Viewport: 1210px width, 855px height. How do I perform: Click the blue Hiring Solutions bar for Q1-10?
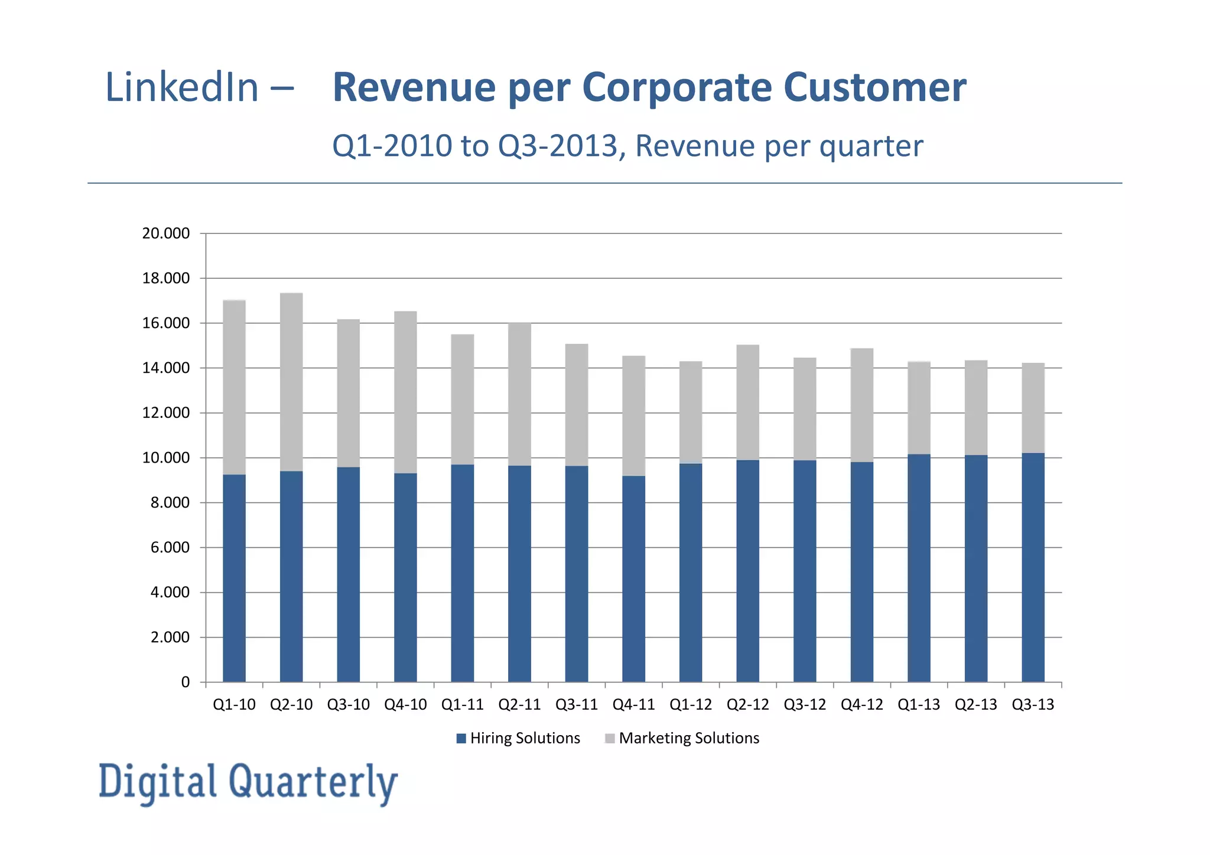click(234, 578)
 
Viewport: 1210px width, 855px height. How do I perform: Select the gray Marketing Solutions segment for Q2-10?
click(291, 382)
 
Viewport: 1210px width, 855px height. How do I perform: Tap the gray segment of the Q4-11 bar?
click(633, 415)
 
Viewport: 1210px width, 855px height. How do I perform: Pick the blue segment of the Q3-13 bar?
click(1033, 567)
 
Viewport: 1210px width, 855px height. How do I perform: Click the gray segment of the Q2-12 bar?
click(747, 402)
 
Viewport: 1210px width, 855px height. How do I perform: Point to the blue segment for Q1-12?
click(691, 573)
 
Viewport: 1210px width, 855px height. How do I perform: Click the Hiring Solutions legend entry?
click(518, 738)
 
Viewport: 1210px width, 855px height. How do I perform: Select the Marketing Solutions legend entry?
click(682, 738)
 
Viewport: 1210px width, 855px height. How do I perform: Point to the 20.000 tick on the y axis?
click(166, 233)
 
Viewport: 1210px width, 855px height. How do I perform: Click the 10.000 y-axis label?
click(166, 458)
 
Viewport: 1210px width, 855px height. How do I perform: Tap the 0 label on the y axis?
click(185, 682)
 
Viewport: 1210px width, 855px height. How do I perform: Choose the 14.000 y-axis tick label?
click(166, 368)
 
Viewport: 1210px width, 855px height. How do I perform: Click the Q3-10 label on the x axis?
click(348, 704)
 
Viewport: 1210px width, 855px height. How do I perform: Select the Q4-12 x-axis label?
click(861, 704)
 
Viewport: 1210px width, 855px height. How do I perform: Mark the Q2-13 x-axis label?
click(975, 704)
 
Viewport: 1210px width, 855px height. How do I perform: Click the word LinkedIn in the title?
click(182, 87)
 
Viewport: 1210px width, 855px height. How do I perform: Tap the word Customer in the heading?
click(875, 87)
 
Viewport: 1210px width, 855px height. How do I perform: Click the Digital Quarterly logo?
click(248, 782)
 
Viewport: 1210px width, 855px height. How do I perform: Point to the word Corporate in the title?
click(676, 87)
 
